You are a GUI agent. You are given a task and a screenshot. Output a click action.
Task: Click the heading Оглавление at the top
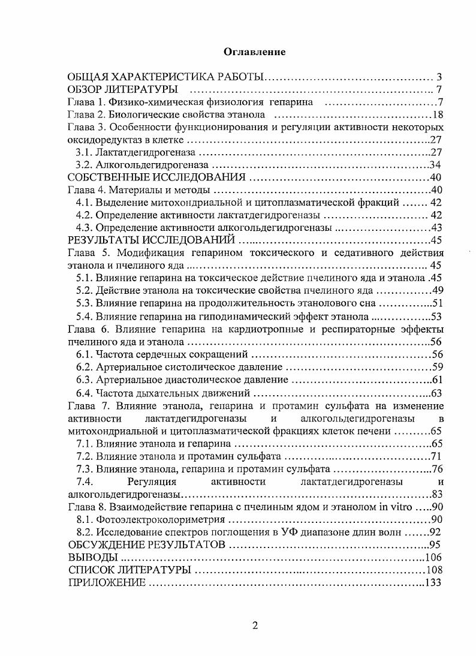pos(254,52)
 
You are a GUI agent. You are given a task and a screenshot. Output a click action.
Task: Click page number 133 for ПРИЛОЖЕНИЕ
pos(433,582)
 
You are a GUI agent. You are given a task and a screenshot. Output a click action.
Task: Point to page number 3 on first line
pos(439,77)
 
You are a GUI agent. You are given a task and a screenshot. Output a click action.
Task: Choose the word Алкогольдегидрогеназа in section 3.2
pos(152,165)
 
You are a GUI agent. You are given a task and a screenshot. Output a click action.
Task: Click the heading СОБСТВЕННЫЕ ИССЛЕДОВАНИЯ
pos(157,177)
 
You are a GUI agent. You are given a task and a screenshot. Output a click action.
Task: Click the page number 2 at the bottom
pos(255,625)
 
